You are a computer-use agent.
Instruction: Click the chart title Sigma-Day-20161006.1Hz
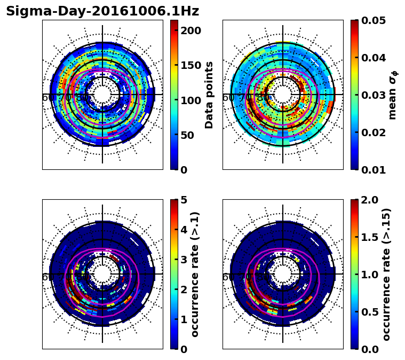(102, 11)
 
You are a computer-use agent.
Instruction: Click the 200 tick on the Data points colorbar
(191, 30)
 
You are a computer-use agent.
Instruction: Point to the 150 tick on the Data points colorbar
(191, 65)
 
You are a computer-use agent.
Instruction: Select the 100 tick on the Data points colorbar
(191, 100)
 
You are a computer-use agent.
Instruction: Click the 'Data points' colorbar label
(209, 95)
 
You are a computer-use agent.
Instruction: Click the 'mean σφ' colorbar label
(392, 95)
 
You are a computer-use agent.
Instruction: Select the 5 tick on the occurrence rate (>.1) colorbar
(184, 200)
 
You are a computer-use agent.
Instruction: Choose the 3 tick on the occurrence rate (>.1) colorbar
(184, 260)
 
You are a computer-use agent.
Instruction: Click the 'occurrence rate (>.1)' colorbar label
(195, 274)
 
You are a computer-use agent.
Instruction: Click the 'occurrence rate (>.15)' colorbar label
(386, 274)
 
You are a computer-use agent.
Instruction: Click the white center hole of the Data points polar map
(102, 95)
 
